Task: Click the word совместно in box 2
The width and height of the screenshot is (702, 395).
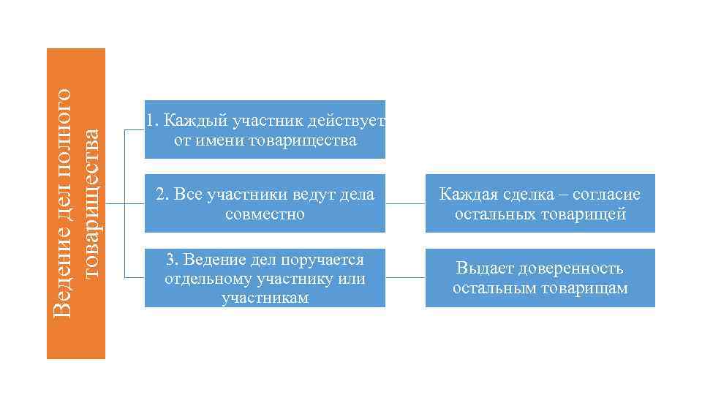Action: pos(265,215)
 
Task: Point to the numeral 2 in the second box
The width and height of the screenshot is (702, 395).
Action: pos(160,195)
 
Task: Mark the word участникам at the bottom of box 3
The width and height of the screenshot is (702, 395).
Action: pos(265,297)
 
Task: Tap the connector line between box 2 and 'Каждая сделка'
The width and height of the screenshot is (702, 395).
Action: pos(405,204)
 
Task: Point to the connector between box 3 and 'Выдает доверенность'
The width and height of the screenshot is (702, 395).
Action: pos(405,278)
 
